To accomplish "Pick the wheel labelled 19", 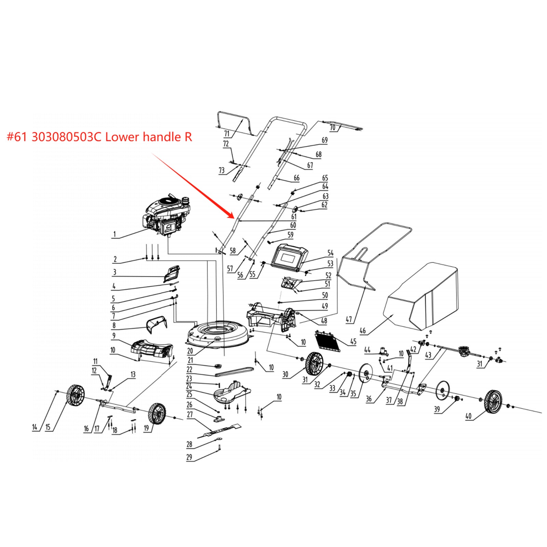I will (157, 413).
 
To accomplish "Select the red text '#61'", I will (17, 137).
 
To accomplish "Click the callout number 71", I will (227, 134).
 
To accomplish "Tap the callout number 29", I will (189, 457).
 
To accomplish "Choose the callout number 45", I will (353, 341).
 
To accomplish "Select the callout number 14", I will (35, 427).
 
